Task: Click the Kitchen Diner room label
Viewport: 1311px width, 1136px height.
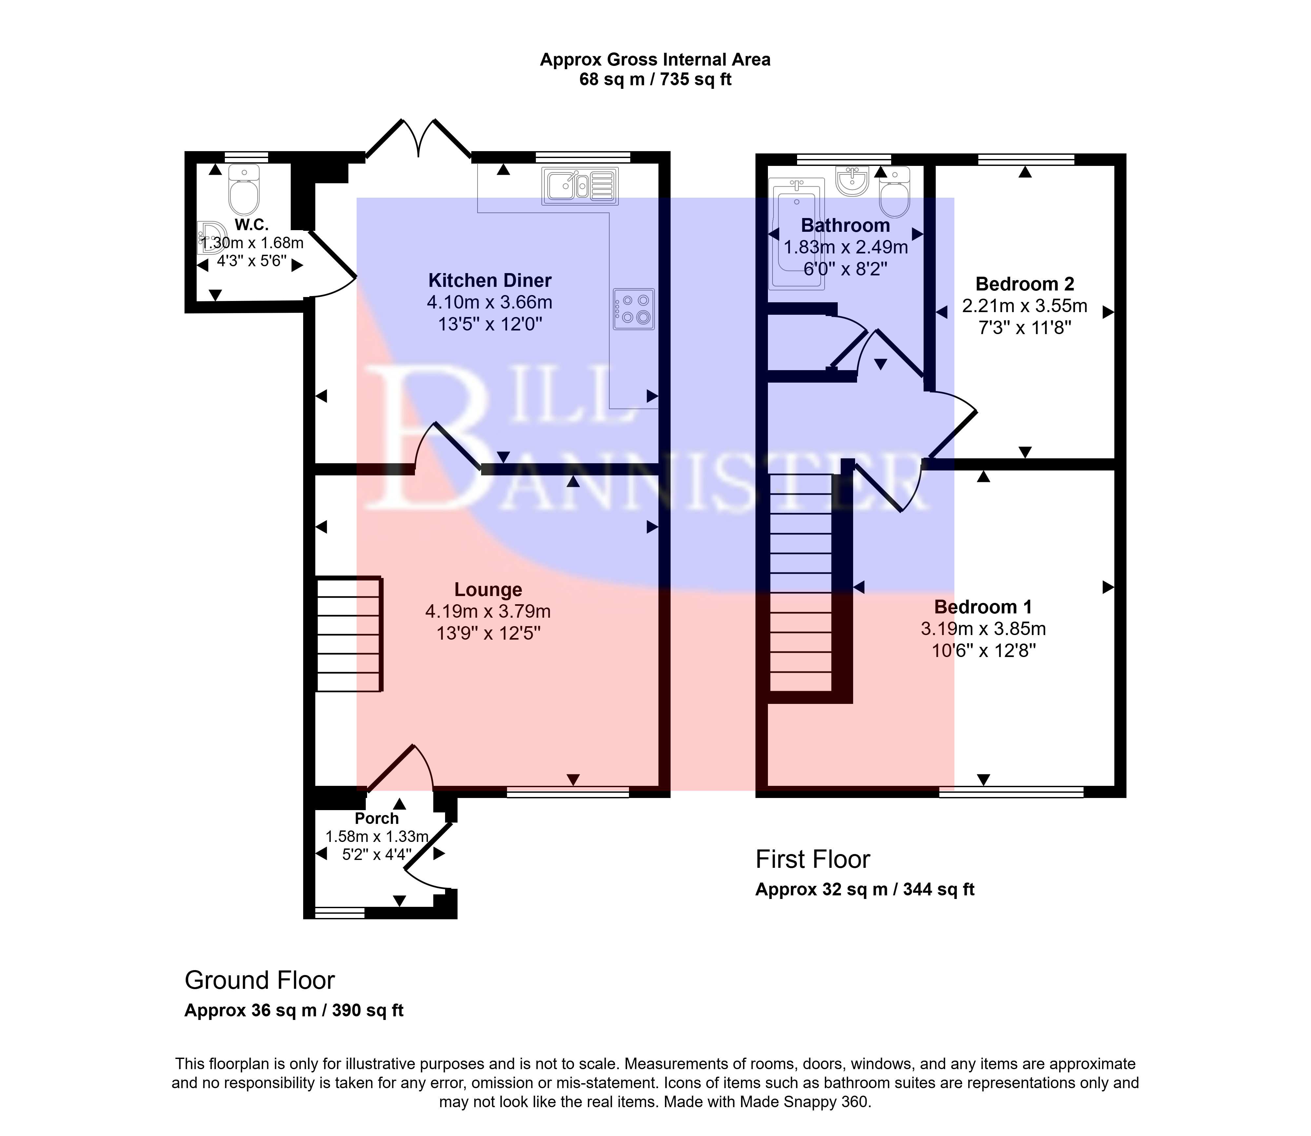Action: pos(490,280)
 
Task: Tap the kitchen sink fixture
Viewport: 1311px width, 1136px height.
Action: pos(580,186)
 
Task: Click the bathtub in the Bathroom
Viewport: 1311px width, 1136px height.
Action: pos(796,233)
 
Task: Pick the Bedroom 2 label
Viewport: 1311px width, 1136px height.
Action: pos(1025,284)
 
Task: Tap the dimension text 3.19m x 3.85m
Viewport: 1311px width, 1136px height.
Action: pos(983,629)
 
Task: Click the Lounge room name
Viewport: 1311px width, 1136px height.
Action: pos(488,589)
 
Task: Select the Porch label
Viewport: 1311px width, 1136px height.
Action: pos(376,818)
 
